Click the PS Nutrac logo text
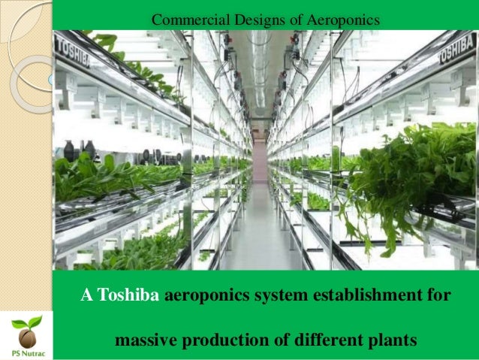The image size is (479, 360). tap(27, 351)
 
